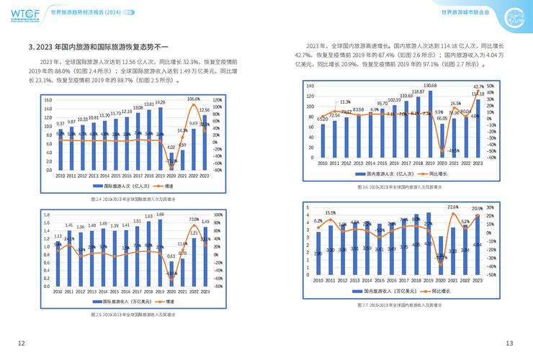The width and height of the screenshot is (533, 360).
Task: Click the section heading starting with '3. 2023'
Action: [x=97, y=47]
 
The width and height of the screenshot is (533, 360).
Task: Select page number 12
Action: [x=21, y=342]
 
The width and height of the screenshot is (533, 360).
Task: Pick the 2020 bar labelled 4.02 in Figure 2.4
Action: [x=171, y=161]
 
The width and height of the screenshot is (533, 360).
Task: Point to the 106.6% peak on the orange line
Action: [x=193, y=99]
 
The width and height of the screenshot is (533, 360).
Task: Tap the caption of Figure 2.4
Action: [x=133, y=197]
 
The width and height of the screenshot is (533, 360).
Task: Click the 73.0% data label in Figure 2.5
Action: [x=194, y=219]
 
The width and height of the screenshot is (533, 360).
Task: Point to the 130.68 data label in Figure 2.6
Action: [x=430, y=86]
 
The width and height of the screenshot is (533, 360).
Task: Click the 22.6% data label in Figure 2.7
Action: [x=453, y=207]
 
